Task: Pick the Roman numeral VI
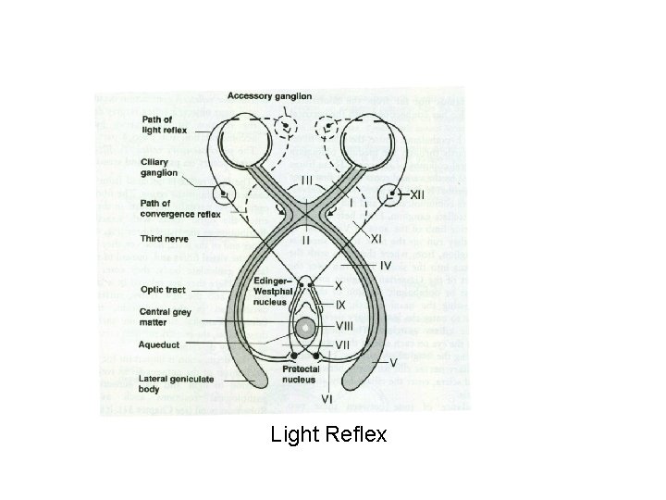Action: tap(327, 399)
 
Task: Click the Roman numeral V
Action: tap(393, 361)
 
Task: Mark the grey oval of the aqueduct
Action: tap(305, 327)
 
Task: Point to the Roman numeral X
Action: tap(339, 287)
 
